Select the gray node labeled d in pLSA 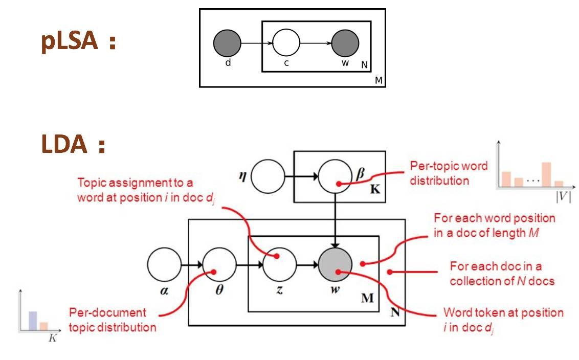point(227,42)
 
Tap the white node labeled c point(286,42)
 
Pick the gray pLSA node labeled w point(345,42)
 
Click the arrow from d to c point(256,43)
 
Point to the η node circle point(268,178)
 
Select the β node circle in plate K point(335,178)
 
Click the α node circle point(164,266)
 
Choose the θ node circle point(219,266)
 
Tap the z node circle point(280,266)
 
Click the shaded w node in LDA point(335,266)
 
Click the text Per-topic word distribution point(449,173)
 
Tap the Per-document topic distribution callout point(112,320)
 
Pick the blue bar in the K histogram point(32,321)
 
